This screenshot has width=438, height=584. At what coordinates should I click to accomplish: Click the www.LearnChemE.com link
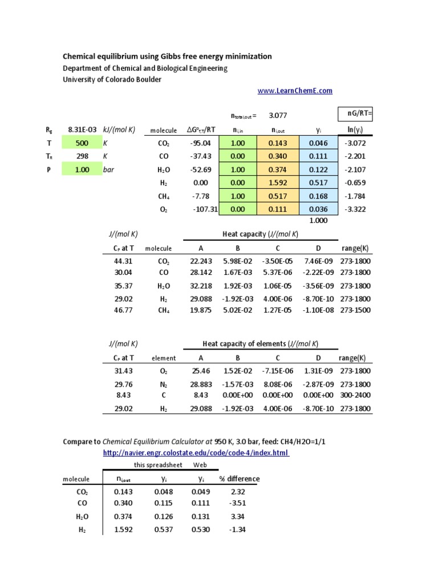click(294, 91)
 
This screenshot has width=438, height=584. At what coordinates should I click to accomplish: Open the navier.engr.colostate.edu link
click(196, 452)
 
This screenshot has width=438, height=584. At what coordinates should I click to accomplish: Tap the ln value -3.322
click(354, 209)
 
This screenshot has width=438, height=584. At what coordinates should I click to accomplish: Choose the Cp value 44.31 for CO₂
click(124, 261)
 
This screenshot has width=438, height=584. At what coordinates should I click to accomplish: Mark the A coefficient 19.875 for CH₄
click(200, 311)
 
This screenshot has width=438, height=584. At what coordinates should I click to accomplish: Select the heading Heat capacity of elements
click(260, 344)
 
